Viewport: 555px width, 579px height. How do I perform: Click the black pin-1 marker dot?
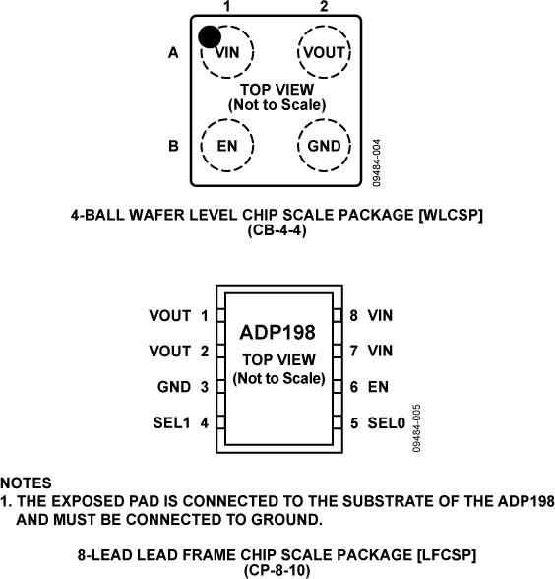209,36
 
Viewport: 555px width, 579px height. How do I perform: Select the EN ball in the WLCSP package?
227,146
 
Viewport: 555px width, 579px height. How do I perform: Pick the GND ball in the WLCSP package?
324,146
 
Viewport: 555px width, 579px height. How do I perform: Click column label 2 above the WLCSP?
324,8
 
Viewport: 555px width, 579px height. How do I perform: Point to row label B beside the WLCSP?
173,146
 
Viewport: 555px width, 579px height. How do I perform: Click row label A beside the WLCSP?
173,55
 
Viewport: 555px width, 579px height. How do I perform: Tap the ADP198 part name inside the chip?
277,333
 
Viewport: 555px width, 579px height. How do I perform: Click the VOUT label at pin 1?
169,316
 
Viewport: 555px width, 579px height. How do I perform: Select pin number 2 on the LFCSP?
204,352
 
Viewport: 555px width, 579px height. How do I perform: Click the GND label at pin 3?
173,387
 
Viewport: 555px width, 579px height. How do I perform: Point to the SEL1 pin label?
171,422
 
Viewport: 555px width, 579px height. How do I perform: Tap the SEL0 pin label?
386,422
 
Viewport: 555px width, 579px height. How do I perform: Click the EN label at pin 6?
378,387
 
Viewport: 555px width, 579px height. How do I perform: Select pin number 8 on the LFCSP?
353,316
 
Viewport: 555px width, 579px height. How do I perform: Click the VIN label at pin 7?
380,352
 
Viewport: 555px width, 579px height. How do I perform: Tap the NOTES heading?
27,483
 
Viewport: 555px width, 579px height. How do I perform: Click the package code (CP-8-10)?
277,569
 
